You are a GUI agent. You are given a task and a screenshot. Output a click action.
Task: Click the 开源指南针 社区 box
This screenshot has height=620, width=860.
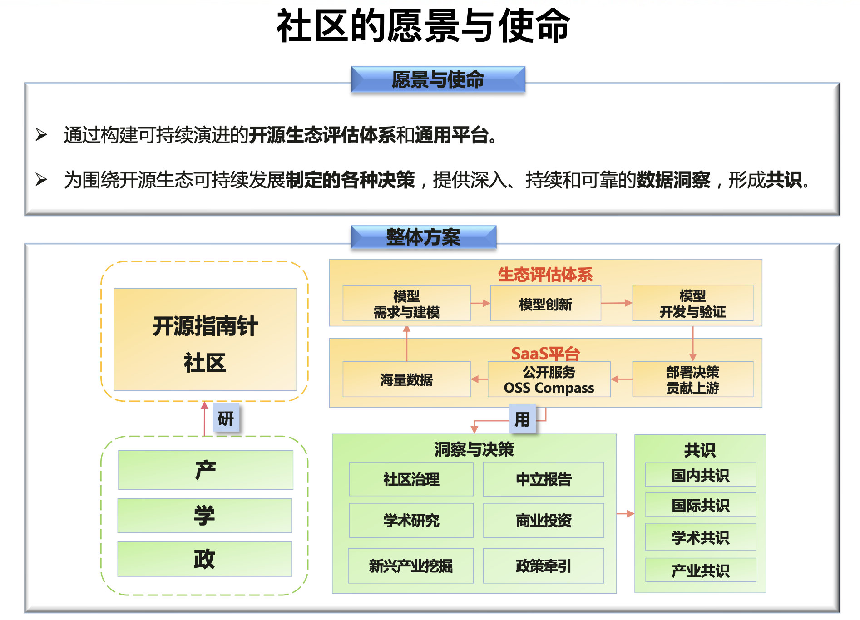tap(205, 340)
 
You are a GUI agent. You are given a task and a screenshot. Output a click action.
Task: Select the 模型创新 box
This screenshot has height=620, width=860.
tap(545, 304)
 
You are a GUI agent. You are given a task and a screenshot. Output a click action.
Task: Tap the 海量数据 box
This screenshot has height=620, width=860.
tap(406, 379)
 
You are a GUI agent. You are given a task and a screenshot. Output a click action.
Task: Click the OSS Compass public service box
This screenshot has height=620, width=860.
tap(549, 379)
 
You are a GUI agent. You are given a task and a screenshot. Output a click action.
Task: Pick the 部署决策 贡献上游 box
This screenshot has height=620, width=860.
tap(692, 379)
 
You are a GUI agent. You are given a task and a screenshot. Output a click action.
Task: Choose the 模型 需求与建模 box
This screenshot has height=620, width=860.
tap(406, 304)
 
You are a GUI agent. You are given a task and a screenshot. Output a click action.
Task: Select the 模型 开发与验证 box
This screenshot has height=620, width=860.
tap(692, 303)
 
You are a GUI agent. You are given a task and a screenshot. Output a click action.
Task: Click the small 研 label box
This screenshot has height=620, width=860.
tap(226, 418)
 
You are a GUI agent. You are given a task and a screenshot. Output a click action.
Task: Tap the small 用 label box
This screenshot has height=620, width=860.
tap(522, 418)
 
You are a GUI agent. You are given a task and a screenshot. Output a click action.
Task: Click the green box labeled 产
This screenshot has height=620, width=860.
tap(205, 470)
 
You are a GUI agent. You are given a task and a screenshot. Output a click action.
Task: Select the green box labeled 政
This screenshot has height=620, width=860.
tap(204, 559)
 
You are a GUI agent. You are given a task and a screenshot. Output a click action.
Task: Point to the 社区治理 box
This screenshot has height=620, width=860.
tap(411, 479)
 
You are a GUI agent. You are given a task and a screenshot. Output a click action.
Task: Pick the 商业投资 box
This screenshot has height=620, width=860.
tap(544, 521)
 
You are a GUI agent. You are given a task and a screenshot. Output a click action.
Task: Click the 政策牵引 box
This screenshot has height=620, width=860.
tap(544, 566)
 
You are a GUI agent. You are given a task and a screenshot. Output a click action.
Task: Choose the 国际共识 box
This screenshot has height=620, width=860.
tap(701, 505)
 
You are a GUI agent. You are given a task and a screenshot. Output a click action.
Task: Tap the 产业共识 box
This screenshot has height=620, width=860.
tap(701, 570)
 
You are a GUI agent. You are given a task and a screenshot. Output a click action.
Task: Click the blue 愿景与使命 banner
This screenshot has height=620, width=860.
tap(438, 79)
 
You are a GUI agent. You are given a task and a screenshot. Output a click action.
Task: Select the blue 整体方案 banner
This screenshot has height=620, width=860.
tap(423, 237)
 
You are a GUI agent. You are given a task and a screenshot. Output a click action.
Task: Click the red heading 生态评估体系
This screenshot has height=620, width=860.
tap(545, 275)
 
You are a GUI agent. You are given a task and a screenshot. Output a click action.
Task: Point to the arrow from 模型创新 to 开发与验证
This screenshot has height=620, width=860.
tap(617, 303)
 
